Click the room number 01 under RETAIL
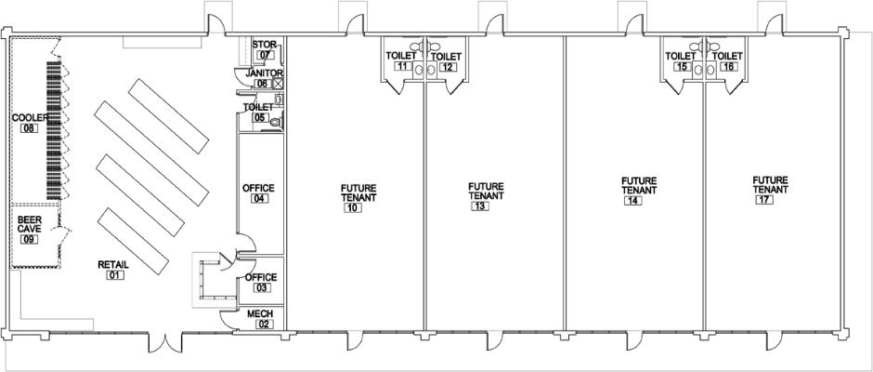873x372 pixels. tap(115, 275)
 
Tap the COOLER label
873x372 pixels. tap(31, 118)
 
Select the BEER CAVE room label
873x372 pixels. tap(29, 224)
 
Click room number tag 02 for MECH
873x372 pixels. tap(265, 324)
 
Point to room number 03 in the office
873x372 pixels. tap(262, 287)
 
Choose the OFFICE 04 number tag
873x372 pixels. tap(259, 198)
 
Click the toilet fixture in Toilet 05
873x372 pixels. tap(276, 122)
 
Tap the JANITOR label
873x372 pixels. tap(265, 73)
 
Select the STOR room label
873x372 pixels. tap(265, 44)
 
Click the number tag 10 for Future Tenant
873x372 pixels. tap(353, 208)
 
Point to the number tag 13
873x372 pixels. tap(480, 206)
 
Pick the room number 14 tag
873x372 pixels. tap(632, 201)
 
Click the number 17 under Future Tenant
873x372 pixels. tap(764, 200)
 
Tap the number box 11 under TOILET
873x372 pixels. tap(402, 66)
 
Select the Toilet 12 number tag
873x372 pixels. tap(448, 67)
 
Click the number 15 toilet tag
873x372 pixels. tap(682, 66)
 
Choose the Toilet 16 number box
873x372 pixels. tap(728, 67)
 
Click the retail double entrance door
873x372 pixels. tap(164, 343)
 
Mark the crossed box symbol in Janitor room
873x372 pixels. tap(278, 83)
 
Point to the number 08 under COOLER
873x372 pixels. tap(29, 127)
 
